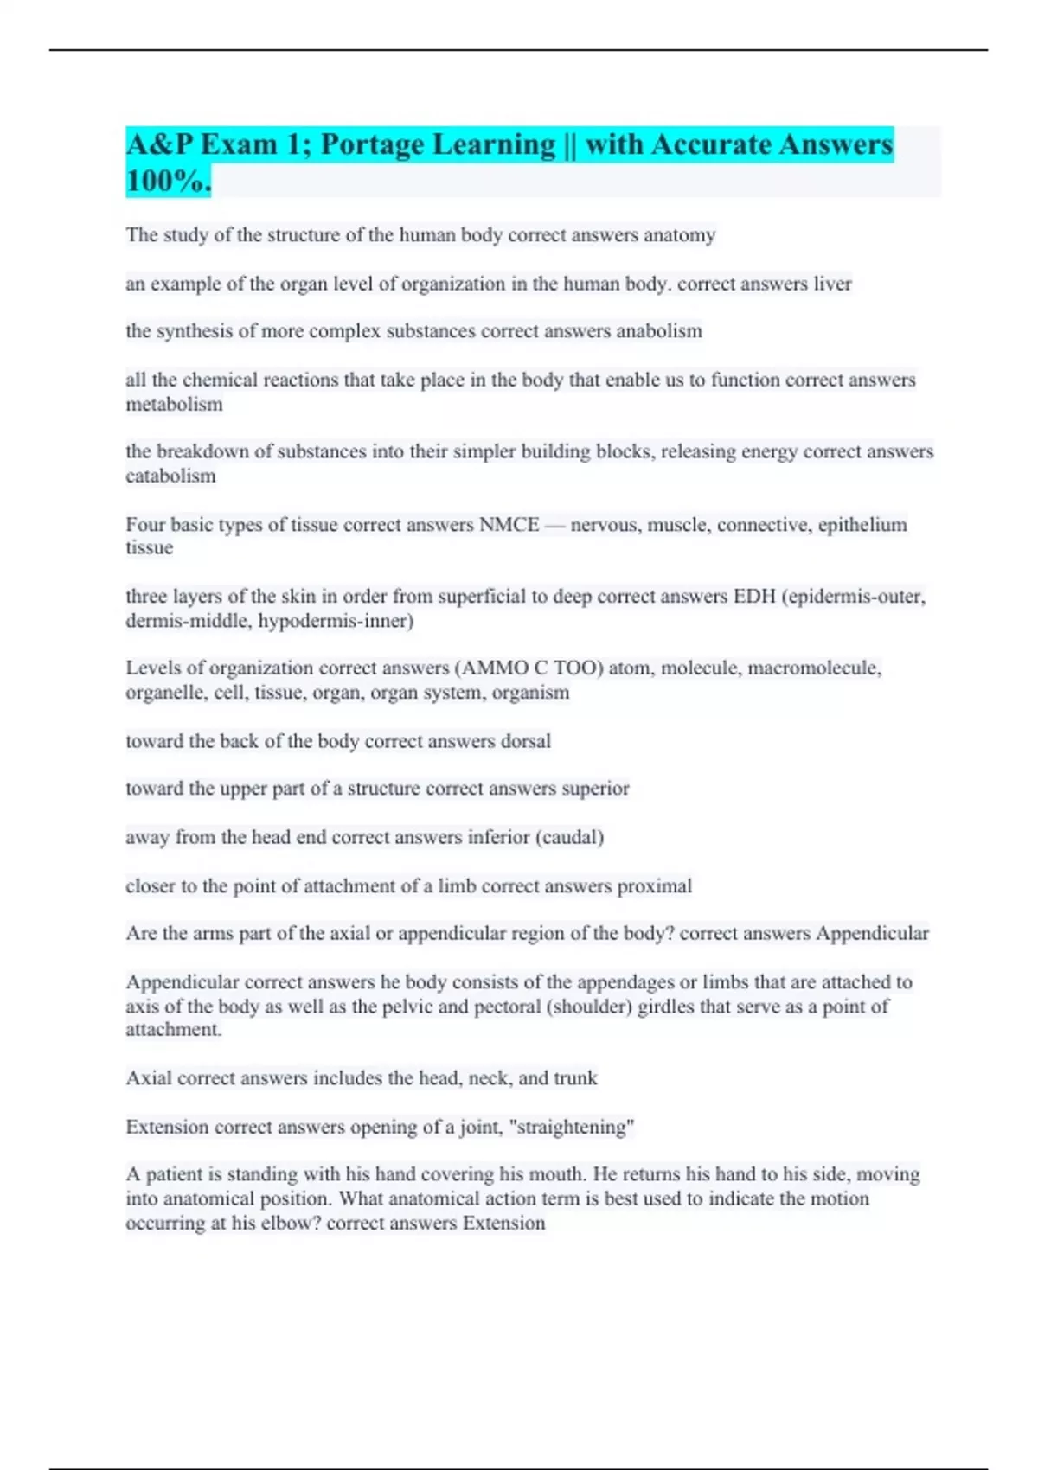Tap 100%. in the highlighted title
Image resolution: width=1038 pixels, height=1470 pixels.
tap(168, 181)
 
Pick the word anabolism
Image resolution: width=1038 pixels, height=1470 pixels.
tap(658, 331)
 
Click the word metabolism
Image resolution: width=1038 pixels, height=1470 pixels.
tap(174, 404)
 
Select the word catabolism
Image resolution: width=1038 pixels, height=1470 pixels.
tap(170, 476)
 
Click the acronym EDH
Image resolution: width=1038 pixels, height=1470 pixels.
tap(754, 597)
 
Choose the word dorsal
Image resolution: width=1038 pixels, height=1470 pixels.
tap(525, 741)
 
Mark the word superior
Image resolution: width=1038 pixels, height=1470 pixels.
tap(595, 789)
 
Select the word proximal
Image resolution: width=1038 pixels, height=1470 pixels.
tap(654, 886)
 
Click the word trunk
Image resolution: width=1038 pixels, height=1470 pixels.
tap(575, 1078)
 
